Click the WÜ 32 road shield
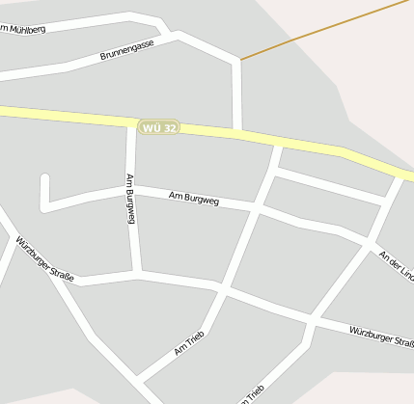click(x=159, y=127)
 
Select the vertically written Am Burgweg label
click(x=129, y=199)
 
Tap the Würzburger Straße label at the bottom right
click(x=381, y=337)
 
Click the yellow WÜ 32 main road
click(x=68, y=115)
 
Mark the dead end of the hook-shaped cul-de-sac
click(x=44, y=178)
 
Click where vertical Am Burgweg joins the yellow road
click(x=131, y=122)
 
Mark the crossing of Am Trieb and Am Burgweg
click(x=257, y=205)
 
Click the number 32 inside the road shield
click(x=170, y=127)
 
